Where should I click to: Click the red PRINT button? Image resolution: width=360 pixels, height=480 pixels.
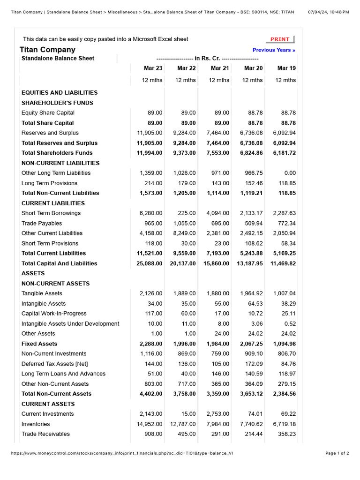point(280,39)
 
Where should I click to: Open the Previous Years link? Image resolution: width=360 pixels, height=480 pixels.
point(274,50)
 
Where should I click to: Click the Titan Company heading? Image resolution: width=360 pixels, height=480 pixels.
point(47,50)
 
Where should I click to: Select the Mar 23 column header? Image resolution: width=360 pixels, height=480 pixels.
point(153,68)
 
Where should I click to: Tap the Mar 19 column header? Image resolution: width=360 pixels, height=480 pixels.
point(286,68)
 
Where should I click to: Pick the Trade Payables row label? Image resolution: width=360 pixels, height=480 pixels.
point(42,224)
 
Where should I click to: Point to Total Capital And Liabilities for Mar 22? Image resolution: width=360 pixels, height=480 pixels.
point(183,263)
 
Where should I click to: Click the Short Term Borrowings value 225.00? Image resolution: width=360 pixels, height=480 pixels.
point(187,213)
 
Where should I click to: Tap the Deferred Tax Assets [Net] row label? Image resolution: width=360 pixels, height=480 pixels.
point(55,364)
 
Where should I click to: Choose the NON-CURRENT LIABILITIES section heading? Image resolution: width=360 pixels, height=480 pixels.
point(60,163)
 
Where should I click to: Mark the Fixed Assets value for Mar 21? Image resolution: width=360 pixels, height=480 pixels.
point(218,344)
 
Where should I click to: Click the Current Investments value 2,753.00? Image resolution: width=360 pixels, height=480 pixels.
point(218,414)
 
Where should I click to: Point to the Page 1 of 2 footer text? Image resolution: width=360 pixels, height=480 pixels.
point(337,453)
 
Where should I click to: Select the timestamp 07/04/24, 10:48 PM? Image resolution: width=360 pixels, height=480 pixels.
point(328,12)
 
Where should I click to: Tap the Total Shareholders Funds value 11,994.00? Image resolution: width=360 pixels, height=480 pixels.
point(150,153)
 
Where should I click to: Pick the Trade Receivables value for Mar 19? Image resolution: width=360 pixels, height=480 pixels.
point(286,434)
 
